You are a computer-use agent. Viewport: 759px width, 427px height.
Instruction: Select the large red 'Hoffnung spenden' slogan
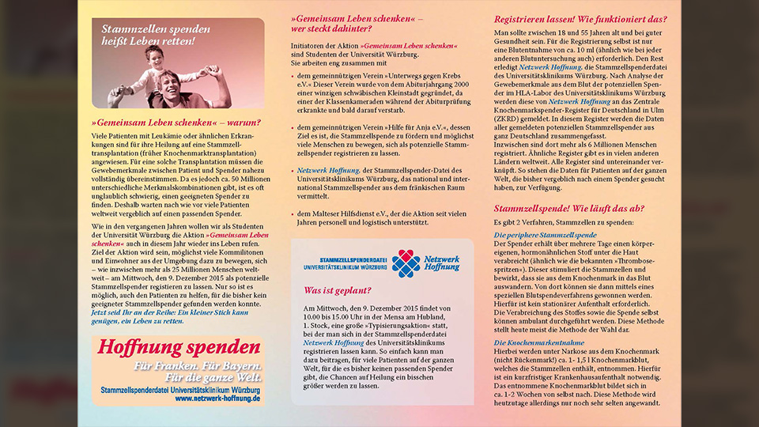(x=179, y=347)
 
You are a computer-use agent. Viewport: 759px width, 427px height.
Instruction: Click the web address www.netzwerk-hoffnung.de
(x=217, y=399)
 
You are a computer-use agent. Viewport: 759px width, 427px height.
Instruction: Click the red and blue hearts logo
(x=406, y=263)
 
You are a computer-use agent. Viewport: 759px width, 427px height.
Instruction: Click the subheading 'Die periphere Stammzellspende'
(x=546, y=236)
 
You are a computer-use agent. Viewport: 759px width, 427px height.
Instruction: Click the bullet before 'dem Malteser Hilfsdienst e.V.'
(x=294, y=213)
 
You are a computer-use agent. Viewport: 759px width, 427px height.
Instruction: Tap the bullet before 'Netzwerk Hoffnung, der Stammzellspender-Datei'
(x=294, y=170)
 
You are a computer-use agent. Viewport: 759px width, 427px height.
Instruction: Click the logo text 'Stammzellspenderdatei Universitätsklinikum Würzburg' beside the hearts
(x=346, y=263)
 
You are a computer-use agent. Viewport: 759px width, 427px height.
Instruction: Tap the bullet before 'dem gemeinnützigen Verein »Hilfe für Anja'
(x=294, y=127)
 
